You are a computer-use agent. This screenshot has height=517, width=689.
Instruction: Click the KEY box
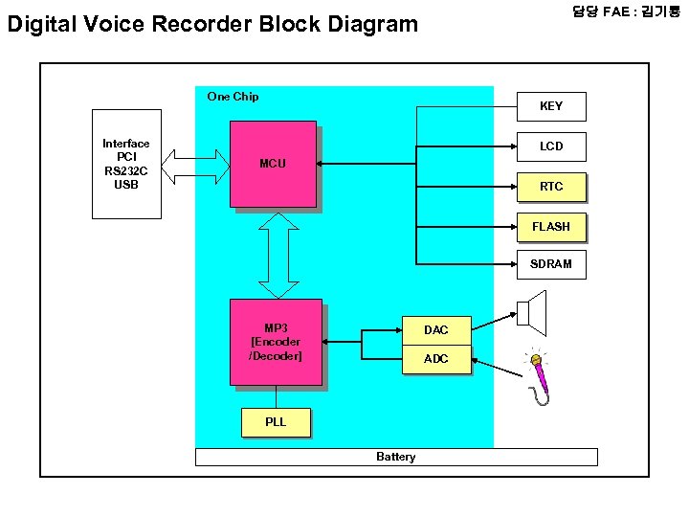pos(551,106)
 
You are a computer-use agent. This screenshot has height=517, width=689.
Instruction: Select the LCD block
pos(551,146)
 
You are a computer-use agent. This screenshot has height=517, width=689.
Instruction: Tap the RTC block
pos(551,187)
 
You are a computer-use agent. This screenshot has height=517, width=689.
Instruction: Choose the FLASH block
pos(551,227)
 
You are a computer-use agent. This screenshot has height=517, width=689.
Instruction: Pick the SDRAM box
pos(551,264)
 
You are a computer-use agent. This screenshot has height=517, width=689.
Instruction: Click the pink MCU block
pos(273,164)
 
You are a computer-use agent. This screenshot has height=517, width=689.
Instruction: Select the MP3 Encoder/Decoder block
pos(276,342)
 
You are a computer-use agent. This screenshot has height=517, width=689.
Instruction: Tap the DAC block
pos(435,330)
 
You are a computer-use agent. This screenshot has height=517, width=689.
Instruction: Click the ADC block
pos(435,359)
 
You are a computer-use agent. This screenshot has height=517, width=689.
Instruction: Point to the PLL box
pos(276,422)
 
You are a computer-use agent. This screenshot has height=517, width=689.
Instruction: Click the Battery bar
pos(396,457)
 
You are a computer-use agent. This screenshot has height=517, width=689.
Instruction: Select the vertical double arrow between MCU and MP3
pos(278,254)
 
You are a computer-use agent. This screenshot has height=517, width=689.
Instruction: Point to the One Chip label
pos(233,97)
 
